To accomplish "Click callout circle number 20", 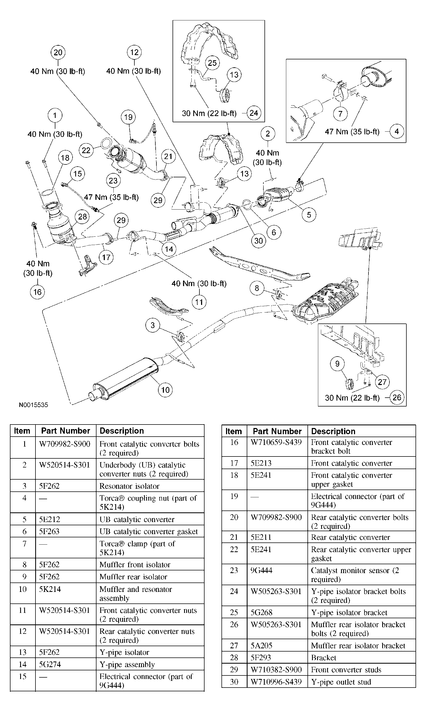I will [x=58, y=52].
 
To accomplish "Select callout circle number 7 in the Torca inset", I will [x=340, y=114].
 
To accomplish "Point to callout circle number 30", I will [x=258, y=240].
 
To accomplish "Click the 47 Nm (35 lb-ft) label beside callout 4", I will [x=352, y=131].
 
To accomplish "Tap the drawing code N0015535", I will [x=33, y=405].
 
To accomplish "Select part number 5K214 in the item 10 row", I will [x=50, y=589].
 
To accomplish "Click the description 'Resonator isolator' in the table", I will [x=129, y=486].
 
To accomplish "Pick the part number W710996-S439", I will [x=276, y=682].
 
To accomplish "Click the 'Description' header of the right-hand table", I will [x=333, y=431].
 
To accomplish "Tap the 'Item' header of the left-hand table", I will [x=22, y=431].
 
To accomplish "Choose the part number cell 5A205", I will [x=261, y=645].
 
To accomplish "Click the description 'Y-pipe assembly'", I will [x=127, y=664].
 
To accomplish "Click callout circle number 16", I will [x=37, y=292].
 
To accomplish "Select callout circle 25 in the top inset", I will [x=212, y=63].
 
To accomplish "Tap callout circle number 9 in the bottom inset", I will [x=337, y=364].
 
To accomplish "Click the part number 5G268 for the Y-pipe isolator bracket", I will [x=261, y=612].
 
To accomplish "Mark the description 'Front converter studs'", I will [x=346, y=670].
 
